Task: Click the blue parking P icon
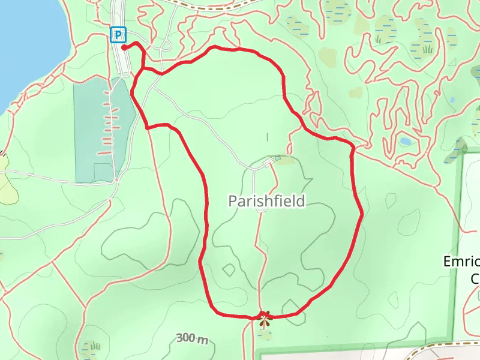[x=117, y=35]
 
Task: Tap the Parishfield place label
[x=266, y=201]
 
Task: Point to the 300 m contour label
[x=193, y=338]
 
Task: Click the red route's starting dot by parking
[x=124, y=47]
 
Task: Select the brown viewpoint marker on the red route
[x=263, y=314]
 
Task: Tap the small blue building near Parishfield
[x=277, y=158]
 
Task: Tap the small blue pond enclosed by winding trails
[x=406, y=142]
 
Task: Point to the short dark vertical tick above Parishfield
[x=267, y=137]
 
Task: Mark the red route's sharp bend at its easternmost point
[x=362, y=213]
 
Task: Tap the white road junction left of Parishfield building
[x=254, y=167]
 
